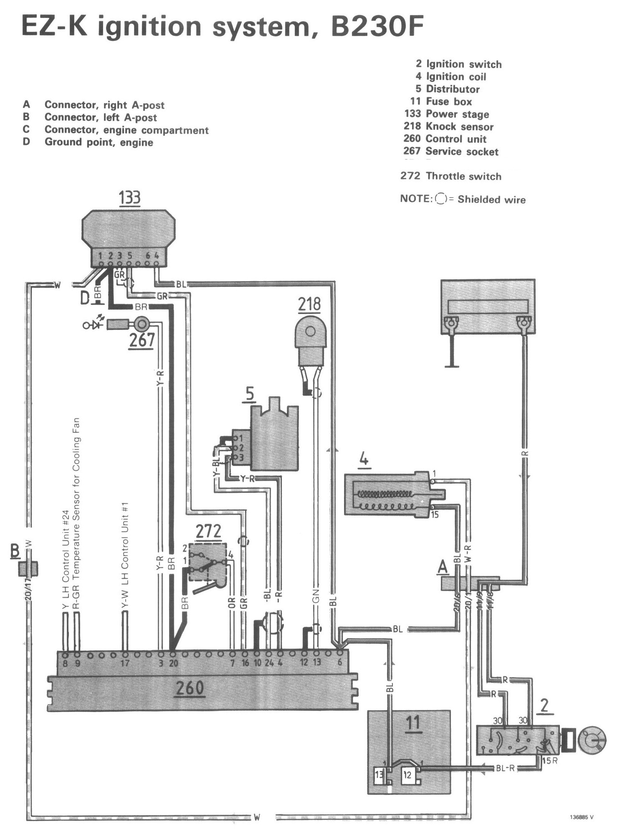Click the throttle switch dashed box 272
208,562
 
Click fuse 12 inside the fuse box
407,775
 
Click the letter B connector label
15,551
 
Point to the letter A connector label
443,567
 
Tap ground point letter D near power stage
85,298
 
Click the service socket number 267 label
142,340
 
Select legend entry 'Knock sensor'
459,127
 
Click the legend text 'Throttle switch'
463,176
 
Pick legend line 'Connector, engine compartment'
126,130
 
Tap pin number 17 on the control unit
124,663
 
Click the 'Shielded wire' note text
491,199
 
